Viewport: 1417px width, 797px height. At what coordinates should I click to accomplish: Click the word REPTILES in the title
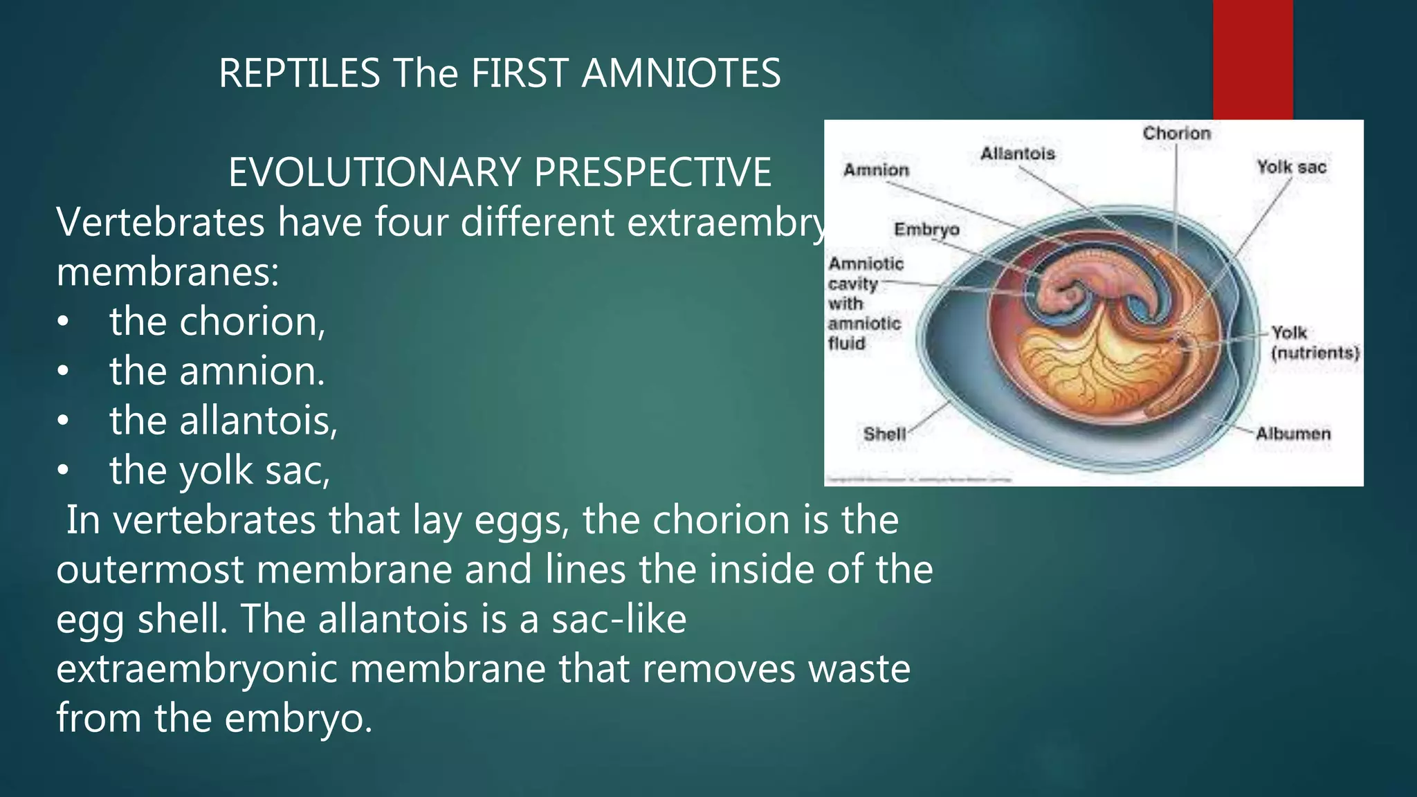(299, 73)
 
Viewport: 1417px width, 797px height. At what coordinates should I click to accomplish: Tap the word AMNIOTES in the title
(681, 73)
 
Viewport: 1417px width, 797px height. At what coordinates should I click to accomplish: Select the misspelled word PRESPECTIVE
(652, 172)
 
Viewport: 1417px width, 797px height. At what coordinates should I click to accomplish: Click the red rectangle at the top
(1252, 59)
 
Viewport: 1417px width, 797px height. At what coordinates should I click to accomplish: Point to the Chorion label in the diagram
(1176, 133)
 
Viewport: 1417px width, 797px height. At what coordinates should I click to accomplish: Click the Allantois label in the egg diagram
(1017, 153)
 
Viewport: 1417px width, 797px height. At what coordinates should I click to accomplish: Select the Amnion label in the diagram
(876, 170)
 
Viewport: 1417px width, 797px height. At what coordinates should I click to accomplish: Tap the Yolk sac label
(1291, 167)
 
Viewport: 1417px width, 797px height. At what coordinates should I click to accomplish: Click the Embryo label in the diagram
(926, 229)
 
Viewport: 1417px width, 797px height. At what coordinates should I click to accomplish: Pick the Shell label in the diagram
(884, 434)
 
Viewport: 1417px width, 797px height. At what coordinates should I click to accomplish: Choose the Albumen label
(1292, 434)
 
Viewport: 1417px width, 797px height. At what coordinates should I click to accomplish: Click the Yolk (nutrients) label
(1314, 342)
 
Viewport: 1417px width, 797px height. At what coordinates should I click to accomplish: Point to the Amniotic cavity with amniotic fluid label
(865, 303)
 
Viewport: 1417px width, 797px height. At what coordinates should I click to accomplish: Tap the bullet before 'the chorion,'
(63, 323)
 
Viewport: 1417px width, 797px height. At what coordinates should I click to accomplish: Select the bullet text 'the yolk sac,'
(219, 470)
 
